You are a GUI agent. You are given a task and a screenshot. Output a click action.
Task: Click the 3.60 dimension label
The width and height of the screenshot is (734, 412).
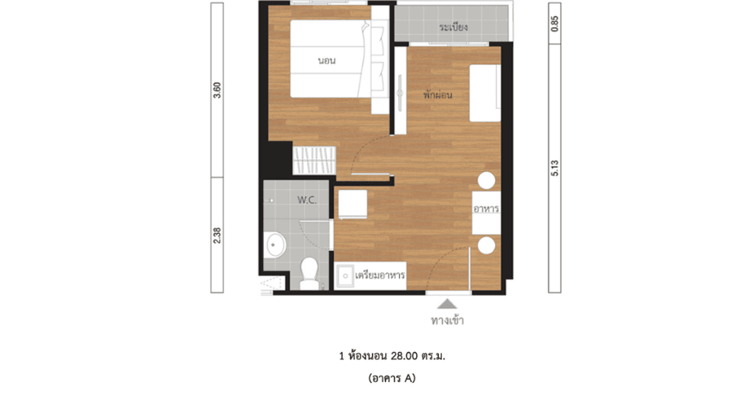tap(218, 90)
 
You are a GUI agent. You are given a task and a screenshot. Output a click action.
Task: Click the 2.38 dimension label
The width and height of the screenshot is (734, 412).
tap(218, 235)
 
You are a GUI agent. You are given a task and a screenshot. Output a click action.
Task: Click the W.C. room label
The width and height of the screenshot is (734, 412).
tap(306, 200)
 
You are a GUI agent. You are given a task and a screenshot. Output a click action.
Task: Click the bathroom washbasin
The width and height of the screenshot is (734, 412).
tap(275, 245)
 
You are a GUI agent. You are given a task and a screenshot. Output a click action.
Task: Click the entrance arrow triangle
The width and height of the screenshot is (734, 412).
tap(447, 304)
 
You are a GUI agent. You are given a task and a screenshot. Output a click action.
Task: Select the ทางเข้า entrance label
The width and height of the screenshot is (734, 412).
tap(447, 321)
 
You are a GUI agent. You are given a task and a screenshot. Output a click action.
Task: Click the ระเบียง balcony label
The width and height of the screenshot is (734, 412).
tap(453, 27)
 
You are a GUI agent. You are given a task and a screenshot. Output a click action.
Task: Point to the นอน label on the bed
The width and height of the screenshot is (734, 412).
tap(327, 61)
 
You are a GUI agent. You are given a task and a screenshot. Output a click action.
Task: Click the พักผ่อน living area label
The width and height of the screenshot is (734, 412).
tap(438, 95)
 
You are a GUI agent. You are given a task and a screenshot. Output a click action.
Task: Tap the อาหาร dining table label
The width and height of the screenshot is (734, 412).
tap(486, 209)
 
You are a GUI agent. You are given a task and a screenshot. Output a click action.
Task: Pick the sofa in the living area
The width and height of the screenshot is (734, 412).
tap(485, 93)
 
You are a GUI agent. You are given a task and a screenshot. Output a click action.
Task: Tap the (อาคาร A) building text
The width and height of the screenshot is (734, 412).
tap(392, 378)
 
